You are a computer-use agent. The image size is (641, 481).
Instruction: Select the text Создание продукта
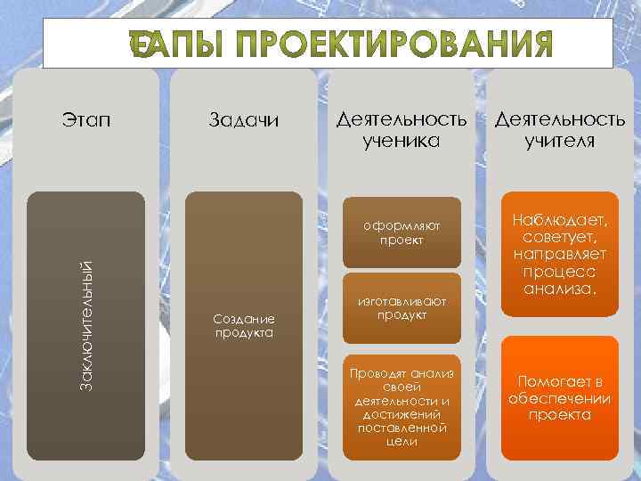pos(244,326)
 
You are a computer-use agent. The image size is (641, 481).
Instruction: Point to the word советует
pos(560,239)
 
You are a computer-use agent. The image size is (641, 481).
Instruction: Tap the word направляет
pos(559,256)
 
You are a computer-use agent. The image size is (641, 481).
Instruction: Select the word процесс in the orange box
pos(559,273)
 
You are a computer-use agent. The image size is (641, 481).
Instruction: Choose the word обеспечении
pos(559,398)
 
